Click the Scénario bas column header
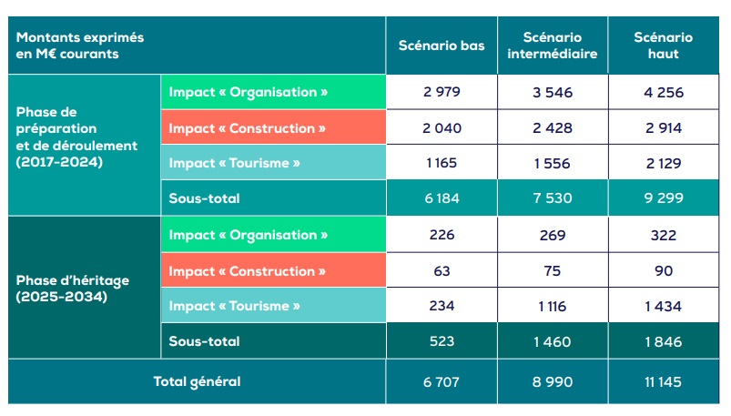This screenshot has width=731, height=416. pos(441,46)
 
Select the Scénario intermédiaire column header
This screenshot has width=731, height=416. pos(553,46)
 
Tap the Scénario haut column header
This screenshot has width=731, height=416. pos(663,46)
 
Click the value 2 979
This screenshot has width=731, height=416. pos(441,93)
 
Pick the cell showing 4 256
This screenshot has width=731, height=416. pos(663,93)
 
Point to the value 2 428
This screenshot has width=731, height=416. pos(553,128)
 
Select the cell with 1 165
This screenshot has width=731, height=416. pos(441,163)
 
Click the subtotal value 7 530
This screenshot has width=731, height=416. pos(553,198)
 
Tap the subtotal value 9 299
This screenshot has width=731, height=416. pos(663,198)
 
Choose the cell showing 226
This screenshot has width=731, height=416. pos(441,235)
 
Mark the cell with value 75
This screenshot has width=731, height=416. pos(553,270)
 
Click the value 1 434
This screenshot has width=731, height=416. pos(663,306)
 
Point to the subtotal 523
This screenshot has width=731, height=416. pos(441,341)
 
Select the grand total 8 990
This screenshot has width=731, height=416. pos(553,381)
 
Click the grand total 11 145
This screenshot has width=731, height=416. pos(663,381)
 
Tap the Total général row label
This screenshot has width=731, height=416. pos(197,381)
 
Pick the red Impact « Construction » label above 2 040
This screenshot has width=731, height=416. pos(247,128)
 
